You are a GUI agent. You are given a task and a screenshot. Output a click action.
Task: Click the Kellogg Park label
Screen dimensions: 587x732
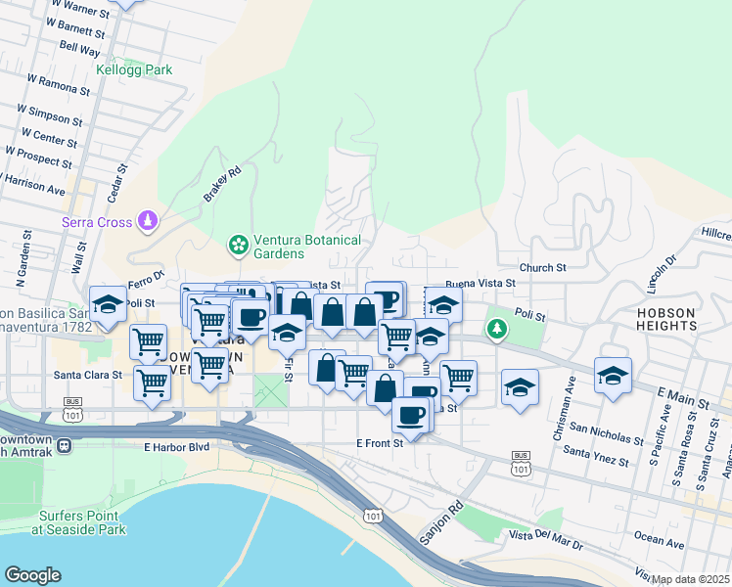point(134,70)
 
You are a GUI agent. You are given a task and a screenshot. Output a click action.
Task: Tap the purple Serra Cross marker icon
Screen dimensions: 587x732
point(147,221)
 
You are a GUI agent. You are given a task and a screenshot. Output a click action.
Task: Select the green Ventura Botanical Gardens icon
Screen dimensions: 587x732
point(236,242)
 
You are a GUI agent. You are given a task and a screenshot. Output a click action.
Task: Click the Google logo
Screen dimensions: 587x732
point(32,575)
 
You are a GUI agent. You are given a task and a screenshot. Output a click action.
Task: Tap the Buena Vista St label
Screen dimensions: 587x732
point(480,283)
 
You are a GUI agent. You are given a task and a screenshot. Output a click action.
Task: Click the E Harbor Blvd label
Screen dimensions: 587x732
point(177,447)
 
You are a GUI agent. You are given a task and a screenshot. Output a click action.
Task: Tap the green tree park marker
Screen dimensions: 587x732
point(498,328)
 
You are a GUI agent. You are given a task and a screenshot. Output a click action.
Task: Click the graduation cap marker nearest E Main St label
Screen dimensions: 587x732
point(613,375)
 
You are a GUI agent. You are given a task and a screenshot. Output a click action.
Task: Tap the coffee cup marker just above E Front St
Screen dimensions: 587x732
point(410,415)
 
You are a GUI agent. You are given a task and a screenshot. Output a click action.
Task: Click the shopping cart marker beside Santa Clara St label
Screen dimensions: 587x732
point(152,384)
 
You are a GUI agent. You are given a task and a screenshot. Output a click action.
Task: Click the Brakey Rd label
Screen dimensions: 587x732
point(222,184)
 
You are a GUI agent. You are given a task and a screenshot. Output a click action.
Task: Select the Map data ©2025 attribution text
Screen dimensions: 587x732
point(690,579)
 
